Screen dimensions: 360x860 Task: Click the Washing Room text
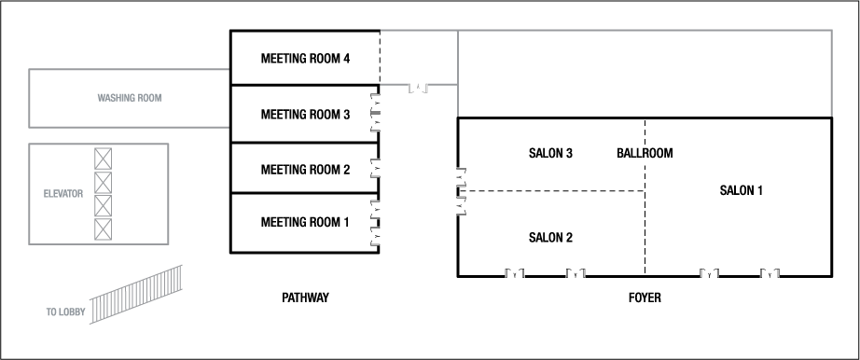132,97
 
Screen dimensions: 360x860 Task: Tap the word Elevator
64,194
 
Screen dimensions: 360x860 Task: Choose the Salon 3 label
550,153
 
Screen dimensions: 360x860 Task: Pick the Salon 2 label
550,237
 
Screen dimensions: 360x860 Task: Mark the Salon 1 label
742,190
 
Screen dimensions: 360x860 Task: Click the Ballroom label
645,153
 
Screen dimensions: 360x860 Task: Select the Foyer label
645,298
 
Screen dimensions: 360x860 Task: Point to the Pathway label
305,298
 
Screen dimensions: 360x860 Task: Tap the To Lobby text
65,312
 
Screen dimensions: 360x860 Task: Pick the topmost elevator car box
103,158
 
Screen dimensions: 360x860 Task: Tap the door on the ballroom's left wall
460,191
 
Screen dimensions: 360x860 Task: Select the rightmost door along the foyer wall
770,273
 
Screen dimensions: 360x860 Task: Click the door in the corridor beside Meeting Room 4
419,88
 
